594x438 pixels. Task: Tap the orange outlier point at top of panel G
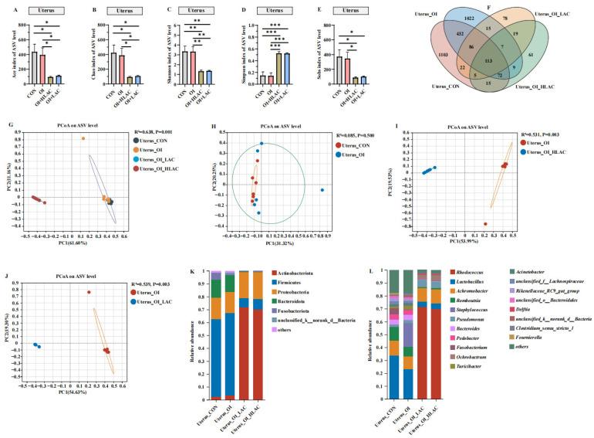(x=83, y=138)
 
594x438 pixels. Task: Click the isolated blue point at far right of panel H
(x=322, y=189)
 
